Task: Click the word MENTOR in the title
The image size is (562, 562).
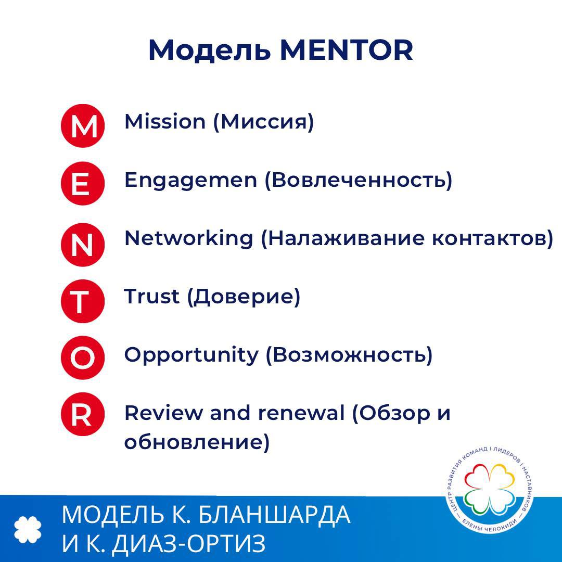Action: [x=347, y=50]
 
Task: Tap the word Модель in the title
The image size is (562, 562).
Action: [x=209, y=50]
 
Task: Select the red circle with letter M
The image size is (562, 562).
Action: [x=83, y=126]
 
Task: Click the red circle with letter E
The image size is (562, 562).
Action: [x=83, y=184]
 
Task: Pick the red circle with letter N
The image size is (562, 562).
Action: [x=83, y=245]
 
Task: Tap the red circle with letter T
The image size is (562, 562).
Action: [x=83, y=301]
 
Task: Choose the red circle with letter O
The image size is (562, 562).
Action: [x=83, y=357]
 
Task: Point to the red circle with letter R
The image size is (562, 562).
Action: [x=83, y=414]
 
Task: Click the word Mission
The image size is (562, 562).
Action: [x=165, y=121]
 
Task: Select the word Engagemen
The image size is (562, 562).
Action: [x=190, y=181]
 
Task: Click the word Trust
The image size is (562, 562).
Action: [x=151, y=297]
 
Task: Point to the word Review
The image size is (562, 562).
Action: [x=163, y=413]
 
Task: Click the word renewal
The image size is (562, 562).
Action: [x=301, y=413]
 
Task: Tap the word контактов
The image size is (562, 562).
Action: [x=493, y=239]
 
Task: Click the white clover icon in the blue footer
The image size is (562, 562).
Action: [x=28, y=529]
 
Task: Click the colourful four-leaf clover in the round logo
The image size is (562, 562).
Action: [x=490, y=488]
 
